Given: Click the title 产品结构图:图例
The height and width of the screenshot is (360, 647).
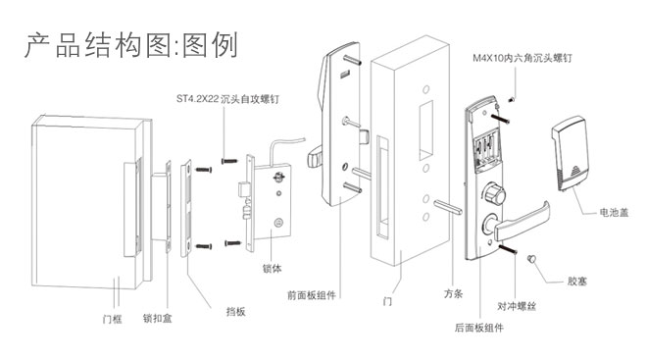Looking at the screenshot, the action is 130,44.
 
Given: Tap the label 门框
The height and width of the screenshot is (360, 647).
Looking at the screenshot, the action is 112,319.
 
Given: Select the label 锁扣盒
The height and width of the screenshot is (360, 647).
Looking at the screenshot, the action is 157,318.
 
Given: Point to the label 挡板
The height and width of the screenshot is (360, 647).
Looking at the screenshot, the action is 235,312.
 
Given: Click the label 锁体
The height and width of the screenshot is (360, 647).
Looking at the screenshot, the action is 272,269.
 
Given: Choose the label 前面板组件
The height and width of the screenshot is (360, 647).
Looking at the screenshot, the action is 312,295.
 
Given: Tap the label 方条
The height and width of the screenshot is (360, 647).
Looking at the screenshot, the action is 454,294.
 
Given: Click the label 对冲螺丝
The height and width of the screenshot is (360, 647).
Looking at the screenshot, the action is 517,306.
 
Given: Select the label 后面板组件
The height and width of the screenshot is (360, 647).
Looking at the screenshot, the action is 479,328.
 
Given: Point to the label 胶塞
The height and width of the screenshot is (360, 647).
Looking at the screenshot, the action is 576,282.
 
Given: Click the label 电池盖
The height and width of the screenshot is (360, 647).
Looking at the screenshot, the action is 614,213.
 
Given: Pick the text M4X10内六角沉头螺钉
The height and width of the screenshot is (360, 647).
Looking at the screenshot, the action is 523,58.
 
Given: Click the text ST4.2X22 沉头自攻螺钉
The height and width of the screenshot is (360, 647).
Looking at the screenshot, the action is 227,99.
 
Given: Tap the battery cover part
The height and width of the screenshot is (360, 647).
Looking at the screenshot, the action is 570,154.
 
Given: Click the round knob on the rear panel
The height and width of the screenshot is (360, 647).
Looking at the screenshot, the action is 494,193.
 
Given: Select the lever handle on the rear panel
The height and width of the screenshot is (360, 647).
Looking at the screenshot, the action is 521,221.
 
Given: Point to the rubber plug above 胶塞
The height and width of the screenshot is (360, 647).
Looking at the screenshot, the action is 532,259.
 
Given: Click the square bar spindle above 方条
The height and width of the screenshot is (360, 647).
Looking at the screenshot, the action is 448,206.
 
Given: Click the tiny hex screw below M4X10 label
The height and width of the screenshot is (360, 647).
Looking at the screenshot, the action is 512,99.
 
